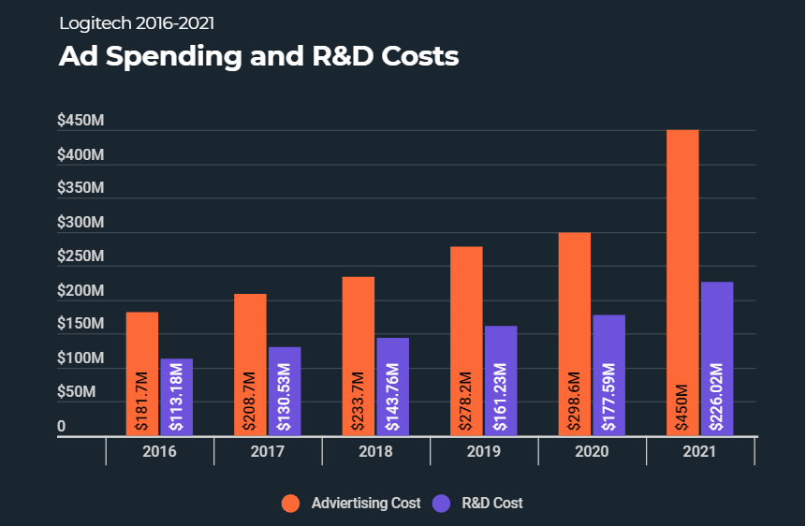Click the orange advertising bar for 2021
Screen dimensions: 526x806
click(682, 281)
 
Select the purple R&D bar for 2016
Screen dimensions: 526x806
click(176, 397)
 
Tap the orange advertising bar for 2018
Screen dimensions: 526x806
click(358, 356)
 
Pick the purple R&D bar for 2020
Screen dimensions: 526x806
click(608, 374)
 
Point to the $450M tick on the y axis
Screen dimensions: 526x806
click(81, 120)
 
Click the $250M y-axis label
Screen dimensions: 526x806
click(81, 256)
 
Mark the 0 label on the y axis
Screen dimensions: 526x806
click(62, 427)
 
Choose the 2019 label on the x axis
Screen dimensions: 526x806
click(484, 452)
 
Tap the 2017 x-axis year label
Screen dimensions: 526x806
click(268, 452)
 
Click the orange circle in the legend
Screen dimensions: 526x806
click(291, 504)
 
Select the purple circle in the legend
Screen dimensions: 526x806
click(443, 504)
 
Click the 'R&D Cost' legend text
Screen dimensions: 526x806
click(492, 504)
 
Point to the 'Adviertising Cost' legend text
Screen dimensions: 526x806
click(366, 504)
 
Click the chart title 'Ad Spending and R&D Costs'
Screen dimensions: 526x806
click(258, 56)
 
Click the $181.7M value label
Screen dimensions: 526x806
click(141, 402)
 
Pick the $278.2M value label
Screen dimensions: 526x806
click(466, 402)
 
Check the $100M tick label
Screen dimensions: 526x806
click(81, 358)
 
